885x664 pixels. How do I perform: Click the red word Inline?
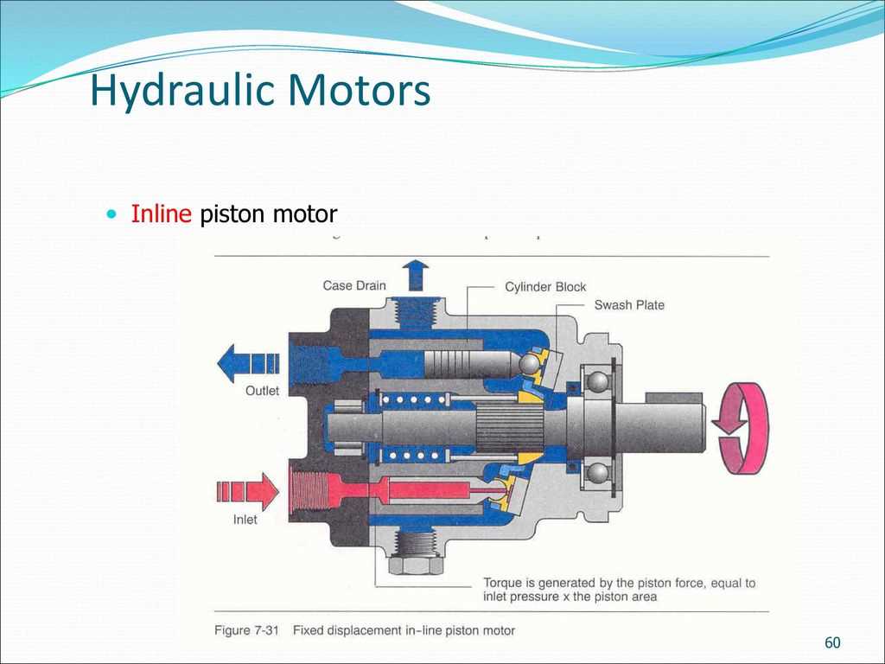[161, 214]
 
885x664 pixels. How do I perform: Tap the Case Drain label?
[354, 285]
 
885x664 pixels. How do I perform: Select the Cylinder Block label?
[545, 287]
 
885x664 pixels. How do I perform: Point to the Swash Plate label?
[629, 305]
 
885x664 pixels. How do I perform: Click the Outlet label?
[262, 391]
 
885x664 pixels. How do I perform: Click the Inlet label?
[245, 520]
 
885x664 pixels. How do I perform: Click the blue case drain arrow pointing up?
[417, 275]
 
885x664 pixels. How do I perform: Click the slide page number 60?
[832, 642]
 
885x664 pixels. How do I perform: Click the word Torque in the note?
[502, 583]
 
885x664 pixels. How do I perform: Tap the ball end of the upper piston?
[529, 364]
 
